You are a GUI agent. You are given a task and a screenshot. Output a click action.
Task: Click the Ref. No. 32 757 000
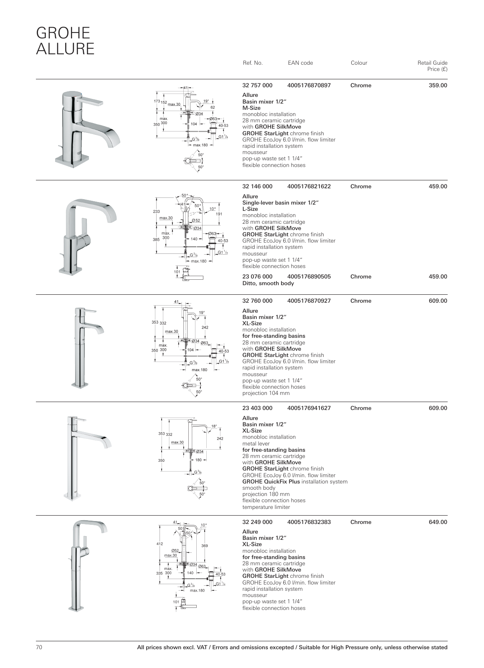[257, 86]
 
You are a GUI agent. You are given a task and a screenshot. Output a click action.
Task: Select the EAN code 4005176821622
[309, 187]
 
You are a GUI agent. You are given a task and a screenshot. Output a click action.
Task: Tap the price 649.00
[438, 522]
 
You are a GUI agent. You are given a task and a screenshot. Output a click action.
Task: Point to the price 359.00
[438, 86]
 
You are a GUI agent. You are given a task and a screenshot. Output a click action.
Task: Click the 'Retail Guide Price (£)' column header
[432, 66]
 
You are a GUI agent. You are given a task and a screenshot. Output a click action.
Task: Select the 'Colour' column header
[359, 63]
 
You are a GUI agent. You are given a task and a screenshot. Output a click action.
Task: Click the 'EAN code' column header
[300, 63]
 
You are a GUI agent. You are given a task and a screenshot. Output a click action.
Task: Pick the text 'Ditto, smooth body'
[268, 283]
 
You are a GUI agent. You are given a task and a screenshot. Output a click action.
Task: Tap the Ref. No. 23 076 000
[257, 277]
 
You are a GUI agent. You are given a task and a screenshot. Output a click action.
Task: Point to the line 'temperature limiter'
[266, 507]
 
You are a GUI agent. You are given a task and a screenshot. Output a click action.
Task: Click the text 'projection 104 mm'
[266, 393]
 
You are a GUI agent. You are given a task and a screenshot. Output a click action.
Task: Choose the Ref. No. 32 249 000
[257, 522]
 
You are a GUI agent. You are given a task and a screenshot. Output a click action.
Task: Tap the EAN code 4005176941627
[309, 408]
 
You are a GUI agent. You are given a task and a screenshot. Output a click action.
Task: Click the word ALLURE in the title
[65, 49]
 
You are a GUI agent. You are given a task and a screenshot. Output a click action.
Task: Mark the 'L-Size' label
[250, 209]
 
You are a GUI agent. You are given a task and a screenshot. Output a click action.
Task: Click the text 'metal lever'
[256, 444]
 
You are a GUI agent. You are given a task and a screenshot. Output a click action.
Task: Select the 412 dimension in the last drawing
[159, 544]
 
